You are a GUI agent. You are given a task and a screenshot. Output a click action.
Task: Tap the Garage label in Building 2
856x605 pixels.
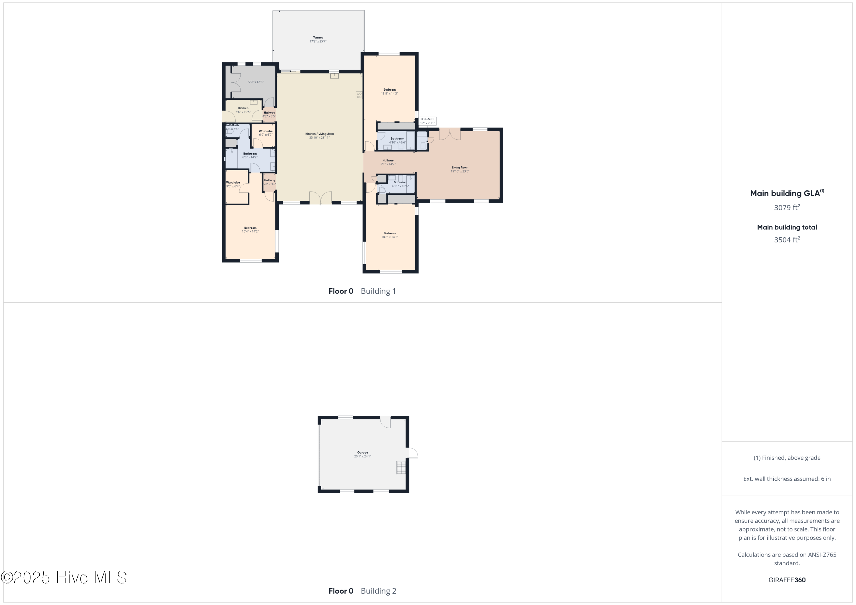click(x=362, y=454)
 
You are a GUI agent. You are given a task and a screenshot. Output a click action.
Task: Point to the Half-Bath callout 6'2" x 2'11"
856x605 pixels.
click(x=427, y=121)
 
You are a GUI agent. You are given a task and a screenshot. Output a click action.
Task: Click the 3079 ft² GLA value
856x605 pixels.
click(x=787, y=208)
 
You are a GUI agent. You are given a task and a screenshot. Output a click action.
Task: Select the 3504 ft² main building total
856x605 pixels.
click(x=787, y=239)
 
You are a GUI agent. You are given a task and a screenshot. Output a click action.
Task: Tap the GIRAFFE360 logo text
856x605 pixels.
click(x=787, y=580)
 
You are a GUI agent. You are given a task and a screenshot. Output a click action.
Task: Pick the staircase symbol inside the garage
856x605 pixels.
click(x=401, y=468)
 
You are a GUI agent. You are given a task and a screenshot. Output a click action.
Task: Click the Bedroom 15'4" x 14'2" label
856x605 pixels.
click(x=250, y=230)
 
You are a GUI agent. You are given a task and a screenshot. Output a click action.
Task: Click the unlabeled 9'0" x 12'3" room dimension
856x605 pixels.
click(x=256, y=82)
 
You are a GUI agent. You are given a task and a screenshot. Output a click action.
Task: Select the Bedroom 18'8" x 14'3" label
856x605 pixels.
click(x=389, y=92)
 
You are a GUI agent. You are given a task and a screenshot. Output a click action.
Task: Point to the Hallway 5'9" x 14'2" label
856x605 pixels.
click(x=388, y=162)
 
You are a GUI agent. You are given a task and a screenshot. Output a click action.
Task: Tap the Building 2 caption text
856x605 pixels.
click(x=378, y=591)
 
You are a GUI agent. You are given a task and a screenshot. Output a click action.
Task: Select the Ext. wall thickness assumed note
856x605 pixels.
click(x=787, y=479)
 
